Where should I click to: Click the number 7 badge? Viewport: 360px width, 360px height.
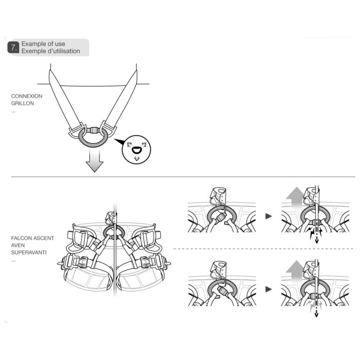pos(13,47)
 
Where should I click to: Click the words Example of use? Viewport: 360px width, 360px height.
pos(43,44)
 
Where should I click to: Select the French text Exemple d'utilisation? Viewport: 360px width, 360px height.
pos(51,51)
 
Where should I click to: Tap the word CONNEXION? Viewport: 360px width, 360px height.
pos(26,96)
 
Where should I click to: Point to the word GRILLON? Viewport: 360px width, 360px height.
pos(23,103)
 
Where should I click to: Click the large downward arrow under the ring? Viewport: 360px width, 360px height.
pos(94,161)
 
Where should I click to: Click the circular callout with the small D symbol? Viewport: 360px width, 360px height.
pos(136,149)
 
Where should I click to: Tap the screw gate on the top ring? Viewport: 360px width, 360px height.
pos(93,130)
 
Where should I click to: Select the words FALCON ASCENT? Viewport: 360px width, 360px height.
pos(32,238)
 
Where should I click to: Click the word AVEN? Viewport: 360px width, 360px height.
pos(18,245)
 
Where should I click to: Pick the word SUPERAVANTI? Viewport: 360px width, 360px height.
pos(29,253)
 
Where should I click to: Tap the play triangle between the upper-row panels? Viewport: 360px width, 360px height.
pos(268,216)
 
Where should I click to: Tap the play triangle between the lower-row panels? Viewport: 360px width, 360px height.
pos(268,289)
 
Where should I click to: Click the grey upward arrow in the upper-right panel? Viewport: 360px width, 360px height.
pos(295,197)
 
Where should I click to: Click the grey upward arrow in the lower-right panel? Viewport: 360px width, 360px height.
pos(295,271)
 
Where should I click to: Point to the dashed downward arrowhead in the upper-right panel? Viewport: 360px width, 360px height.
pos(317,241)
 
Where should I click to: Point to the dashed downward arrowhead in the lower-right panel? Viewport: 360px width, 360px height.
pos(316,315)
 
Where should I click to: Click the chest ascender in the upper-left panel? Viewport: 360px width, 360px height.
pos(218,196)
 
